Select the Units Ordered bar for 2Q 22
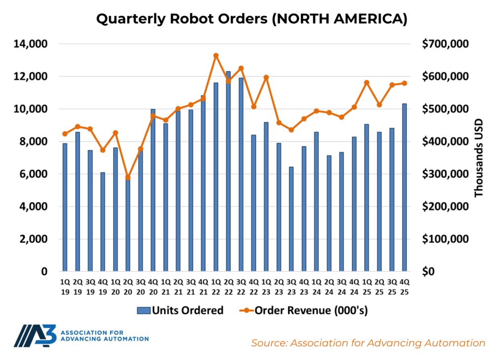tap(228, 172)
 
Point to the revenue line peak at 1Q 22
tap(216, 56)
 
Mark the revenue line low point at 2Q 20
tap(128, 178)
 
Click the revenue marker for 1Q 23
tap(266, 77)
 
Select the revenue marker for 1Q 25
tap(366, 83)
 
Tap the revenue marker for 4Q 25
tap(404, 83)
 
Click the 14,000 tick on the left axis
tap(29, 44)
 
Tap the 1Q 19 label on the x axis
tap(65, 287)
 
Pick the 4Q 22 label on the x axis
tap(253, 287)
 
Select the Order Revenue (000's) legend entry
tap(305, 310)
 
